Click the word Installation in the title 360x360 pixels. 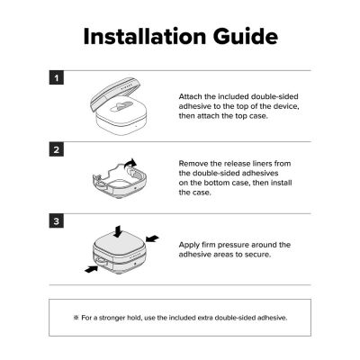[x=145, y=37]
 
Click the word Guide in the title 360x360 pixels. [x=246, y=37]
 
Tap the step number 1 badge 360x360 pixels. [x=57, y=78]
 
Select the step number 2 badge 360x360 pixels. [x=57, y=149]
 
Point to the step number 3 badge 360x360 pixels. [x=57, y=221]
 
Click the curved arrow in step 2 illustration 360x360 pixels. [x=130, y=164]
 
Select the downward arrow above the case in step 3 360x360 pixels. [x=118, y=231]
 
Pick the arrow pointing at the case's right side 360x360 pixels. [x=152, y=238]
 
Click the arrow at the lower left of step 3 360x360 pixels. [x=91, y=269]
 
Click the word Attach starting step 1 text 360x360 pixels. [x=191, y=96]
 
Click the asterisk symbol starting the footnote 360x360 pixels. [x=76, y=318]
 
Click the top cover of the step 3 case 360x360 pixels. [x=118, y=241]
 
